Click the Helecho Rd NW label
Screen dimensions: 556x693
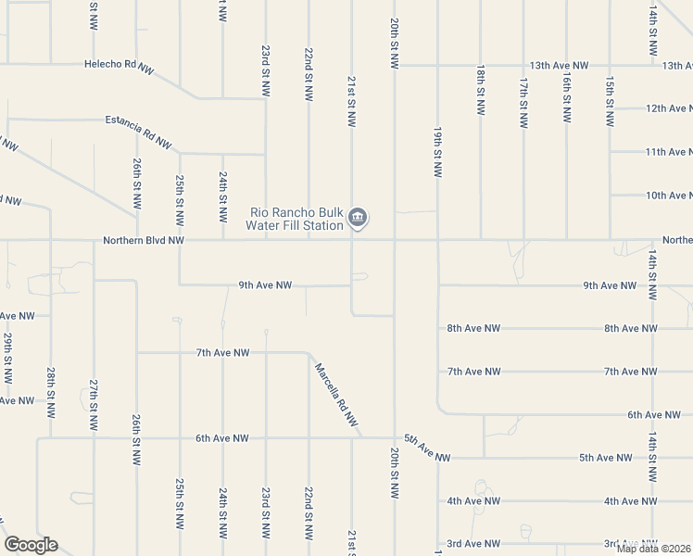(x=119, y=67)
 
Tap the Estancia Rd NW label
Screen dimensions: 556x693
(x=139, y=132)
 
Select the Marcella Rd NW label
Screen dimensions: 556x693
(x=335, y=394)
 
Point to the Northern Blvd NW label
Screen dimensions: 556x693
(x=144, y=240)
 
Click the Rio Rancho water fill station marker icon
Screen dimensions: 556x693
(x=359, y=219)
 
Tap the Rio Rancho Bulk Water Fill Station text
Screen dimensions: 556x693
(x=296, y=218)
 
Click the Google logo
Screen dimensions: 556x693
(x=31, y=545)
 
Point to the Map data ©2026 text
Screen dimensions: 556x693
(x=653, y=548)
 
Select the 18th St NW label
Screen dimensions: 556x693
(x=480, y=89)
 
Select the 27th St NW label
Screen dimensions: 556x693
(x=94, y=404)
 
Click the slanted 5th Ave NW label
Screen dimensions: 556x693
(x=427, y=449)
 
